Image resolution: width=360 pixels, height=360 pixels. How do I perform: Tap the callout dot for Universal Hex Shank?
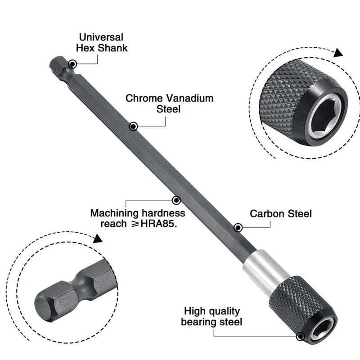[x=72, y=64]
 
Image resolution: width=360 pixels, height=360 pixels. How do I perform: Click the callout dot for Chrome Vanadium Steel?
[x=133, y=127]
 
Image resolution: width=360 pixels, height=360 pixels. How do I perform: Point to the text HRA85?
[x=157, y=224]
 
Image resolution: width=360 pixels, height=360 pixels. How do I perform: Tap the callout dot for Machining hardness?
[x=177, y=200]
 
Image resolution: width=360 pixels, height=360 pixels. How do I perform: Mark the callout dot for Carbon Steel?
[x=238, y=228]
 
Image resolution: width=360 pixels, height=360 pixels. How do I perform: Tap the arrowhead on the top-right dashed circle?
[x=338, y=53]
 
